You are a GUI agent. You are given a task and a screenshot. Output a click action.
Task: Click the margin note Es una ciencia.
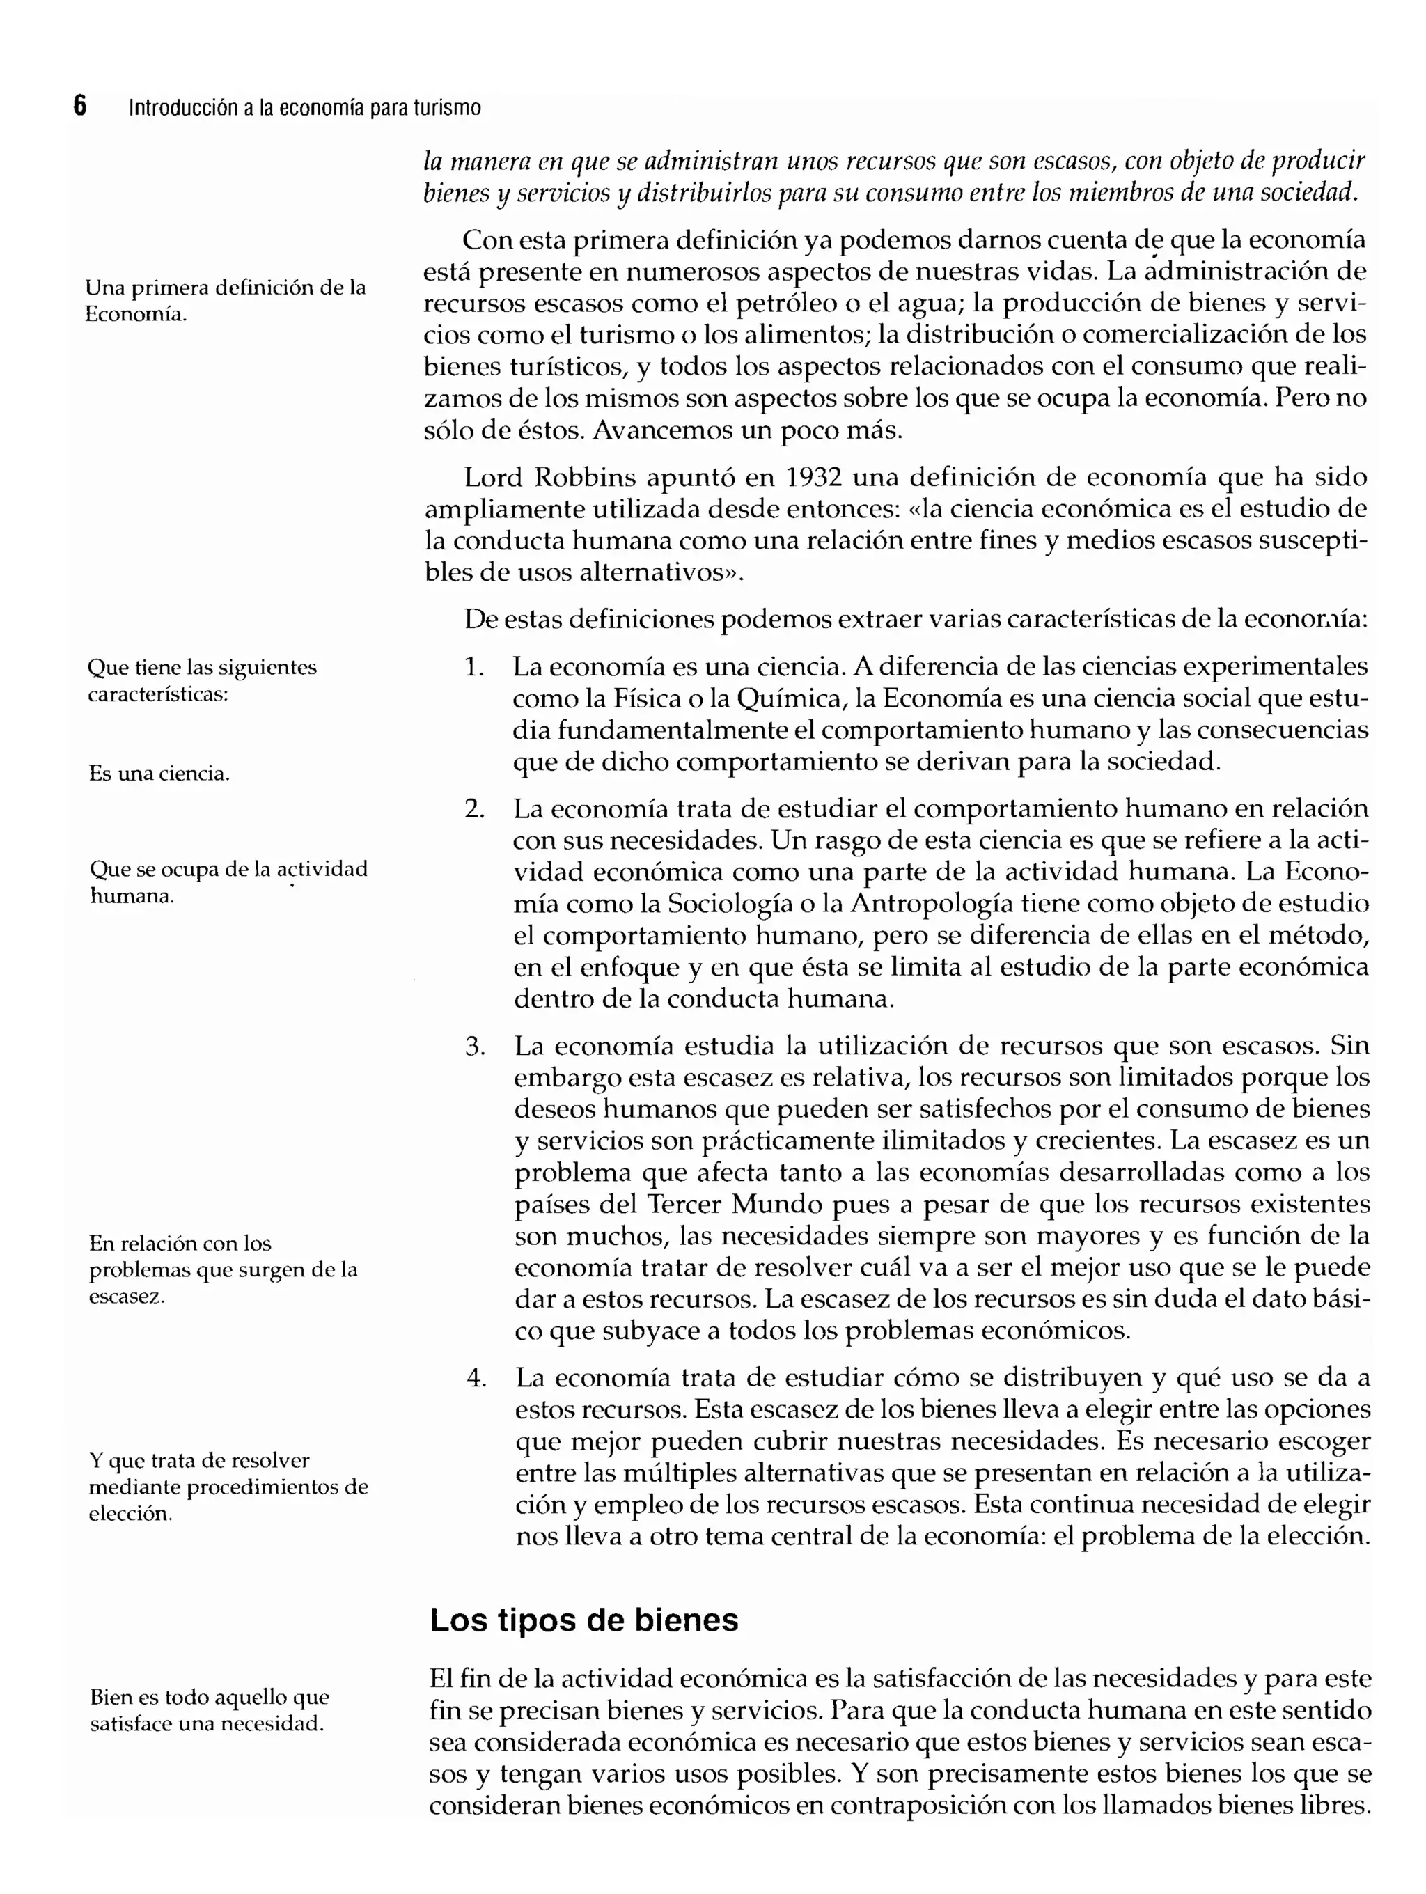159,774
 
